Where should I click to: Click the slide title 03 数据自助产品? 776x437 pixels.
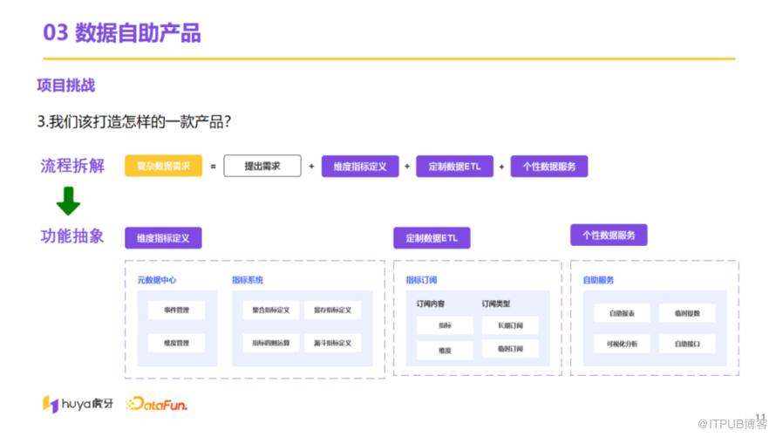(122, 33)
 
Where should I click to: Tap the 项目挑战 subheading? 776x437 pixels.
(66, 85)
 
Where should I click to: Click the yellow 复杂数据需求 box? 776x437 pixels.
(164, 166)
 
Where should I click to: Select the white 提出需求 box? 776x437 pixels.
(262, 166)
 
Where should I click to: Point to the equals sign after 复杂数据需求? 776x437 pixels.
(213, 166)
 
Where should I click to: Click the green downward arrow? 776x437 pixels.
(68, 202)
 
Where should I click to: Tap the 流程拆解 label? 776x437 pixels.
(72, 166)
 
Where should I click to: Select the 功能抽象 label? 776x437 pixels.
(72, 236)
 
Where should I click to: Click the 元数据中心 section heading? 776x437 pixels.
(157, 280)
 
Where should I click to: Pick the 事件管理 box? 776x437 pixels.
(176, 310)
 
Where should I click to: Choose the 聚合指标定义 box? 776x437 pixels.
(271, 310)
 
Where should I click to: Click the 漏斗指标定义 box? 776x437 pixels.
(332, 343)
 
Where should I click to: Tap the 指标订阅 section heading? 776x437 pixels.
(421, 280)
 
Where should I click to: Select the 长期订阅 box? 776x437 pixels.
(510, 325)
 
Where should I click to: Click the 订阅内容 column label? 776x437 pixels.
(430, 304)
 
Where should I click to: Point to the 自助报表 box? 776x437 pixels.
(623, 313)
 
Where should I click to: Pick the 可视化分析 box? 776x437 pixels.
(623, 344)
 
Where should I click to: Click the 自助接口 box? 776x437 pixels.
(687, 344)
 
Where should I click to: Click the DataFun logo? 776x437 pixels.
(157, 404)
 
